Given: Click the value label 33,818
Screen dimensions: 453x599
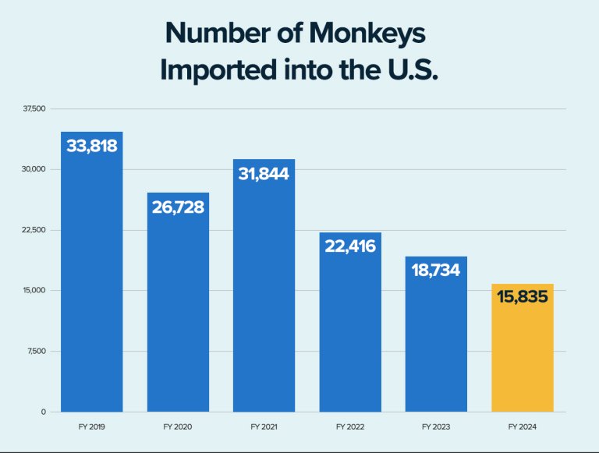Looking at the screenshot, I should coord(91,146).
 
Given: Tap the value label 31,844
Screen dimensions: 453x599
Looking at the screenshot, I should coord(264,174).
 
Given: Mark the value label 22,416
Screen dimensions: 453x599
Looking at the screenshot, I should coord(350,246).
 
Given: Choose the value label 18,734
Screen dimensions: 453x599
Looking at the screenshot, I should coord(436,271).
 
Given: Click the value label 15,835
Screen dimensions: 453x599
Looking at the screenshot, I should coord(522,297).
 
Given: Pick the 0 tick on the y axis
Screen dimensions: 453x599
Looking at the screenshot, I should coord(44,412).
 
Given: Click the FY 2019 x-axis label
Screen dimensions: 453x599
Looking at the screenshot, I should coord(91,427).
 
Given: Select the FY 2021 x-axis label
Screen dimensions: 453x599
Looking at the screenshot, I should coord(264,427).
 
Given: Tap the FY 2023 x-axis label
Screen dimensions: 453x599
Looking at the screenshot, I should coord(436,427).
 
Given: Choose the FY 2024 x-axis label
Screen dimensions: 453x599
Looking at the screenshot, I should coord(522,427).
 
